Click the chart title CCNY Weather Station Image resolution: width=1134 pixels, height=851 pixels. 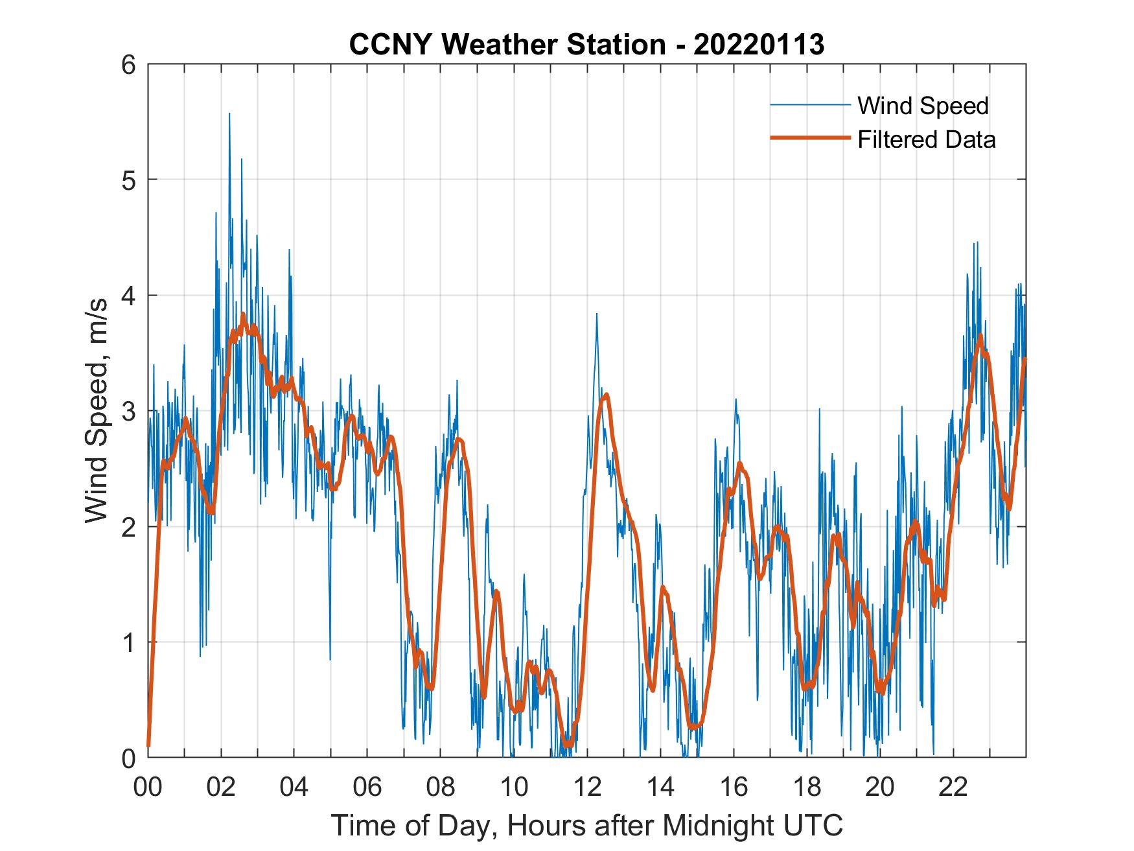tap(506, 45)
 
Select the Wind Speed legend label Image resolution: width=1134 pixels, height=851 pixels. tap(923, 106)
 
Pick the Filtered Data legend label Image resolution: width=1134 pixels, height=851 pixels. tap(926, 139)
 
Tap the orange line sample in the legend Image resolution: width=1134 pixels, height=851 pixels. tap(809, 138)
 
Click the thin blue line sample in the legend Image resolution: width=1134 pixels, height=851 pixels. tap(809, 105)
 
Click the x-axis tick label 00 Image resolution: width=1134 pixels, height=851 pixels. tap(148, 787)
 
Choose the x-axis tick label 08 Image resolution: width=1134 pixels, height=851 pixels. tap(441, 787)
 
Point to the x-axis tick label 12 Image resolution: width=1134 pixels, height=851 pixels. tap(587, 787)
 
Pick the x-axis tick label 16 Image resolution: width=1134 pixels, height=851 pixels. tap(734, 787)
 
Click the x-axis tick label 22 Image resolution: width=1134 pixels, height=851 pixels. tap(953, 787)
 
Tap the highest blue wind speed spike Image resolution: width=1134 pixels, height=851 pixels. tap(229, 115)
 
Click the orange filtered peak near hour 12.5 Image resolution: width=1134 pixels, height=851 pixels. tap(606, 395)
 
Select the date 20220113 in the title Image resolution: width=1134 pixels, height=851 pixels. tap(759, 45)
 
